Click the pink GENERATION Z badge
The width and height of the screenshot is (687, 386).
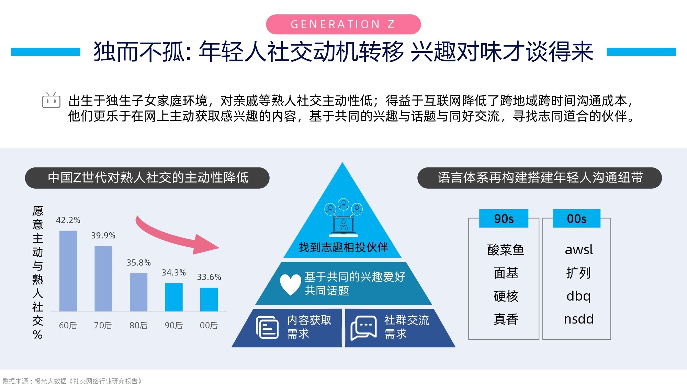(x=343, y=24)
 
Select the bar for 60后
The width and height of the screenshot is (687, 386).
(x=68, y=271)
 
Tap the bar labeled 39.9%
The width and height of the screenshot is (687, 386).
(x=103, y=279)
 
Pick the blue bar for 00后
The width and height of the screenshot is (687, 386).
(x=209, y=300)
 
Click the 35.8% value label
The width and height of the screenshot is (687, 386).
(x=139, y=263)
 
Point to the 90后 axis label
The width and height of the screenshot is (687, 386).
(x=174, y=325)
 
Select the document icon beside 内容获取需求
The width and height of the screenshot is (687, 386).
(x=267, y=327)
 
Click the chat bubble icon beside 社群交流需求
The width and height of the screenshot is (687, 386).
(x=363, y=328)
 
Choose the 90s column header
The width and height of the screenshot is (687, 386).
(x=504, y=219)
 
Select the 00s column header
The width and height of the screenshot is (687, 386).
(x=577, y=219)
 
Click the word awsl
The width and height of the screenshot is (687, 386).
(x=579, y=250)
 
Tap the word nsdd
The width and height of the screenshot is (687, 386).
(x=579, y=319)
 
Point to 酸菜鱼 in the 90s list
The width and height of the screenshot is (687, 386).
(x=506, y=250)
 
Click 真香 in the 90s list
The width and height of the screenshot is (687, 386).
(x=506, y=319)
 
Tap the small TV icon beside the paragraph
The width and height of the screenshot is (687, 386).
(x=51, y=100)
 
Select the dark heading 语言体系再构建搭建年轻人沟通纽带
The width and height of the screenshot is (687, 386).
(x=540, y=178)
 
